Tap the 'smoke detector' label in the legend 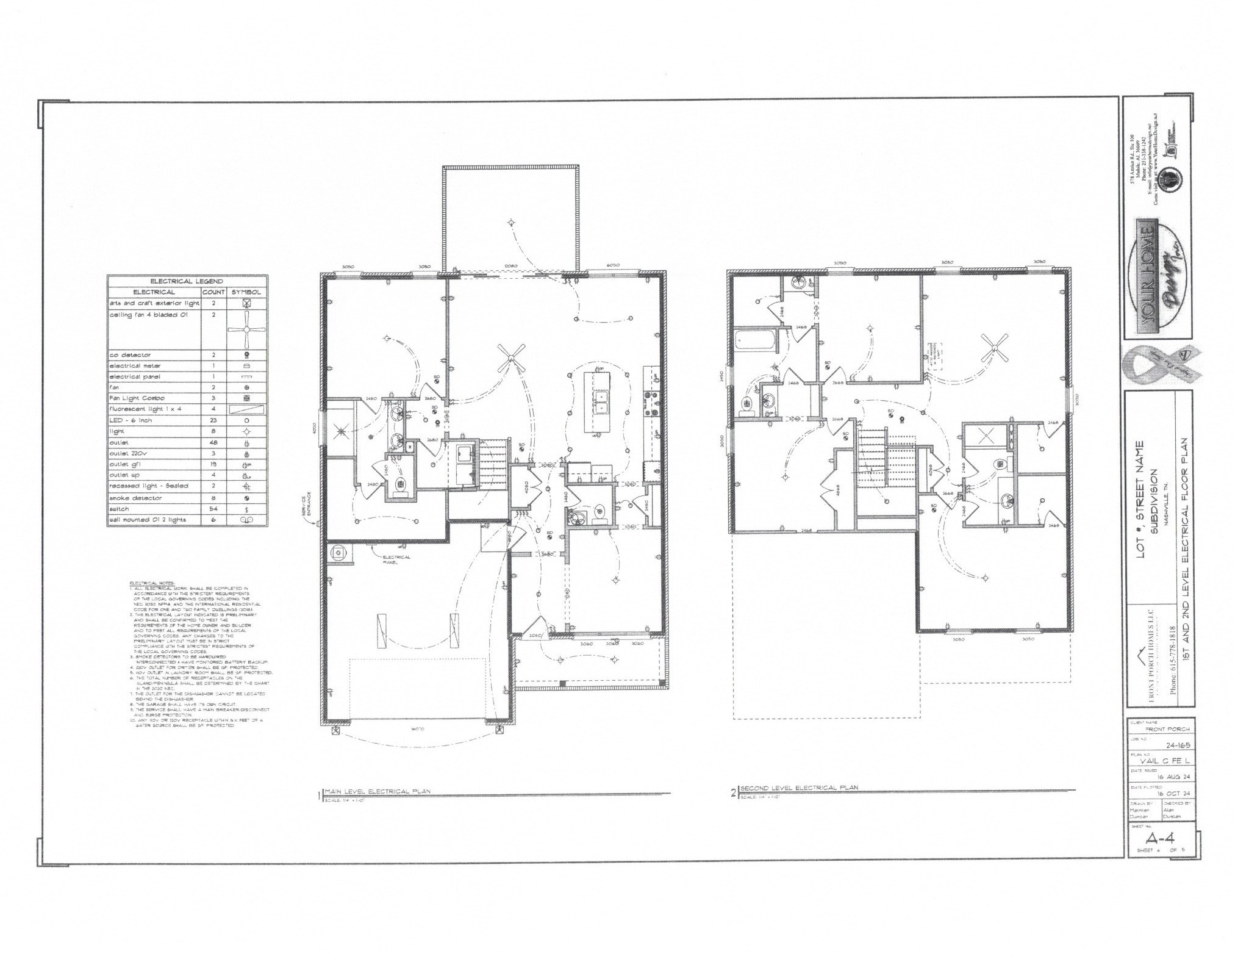[135, 498]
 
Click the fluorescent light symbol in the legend [247, 409]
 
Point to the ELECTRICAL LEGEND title [187, 281]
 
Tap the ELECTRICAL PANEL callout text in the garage [396, 559]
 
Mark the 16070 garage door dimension [417, 728]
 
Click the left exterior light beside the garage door [334, 730]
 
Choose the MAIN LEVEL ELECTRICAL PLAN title [378, 791]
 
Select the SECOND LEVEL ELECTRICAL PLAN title [798, 788]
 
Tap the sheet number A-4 [1159, 837]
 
